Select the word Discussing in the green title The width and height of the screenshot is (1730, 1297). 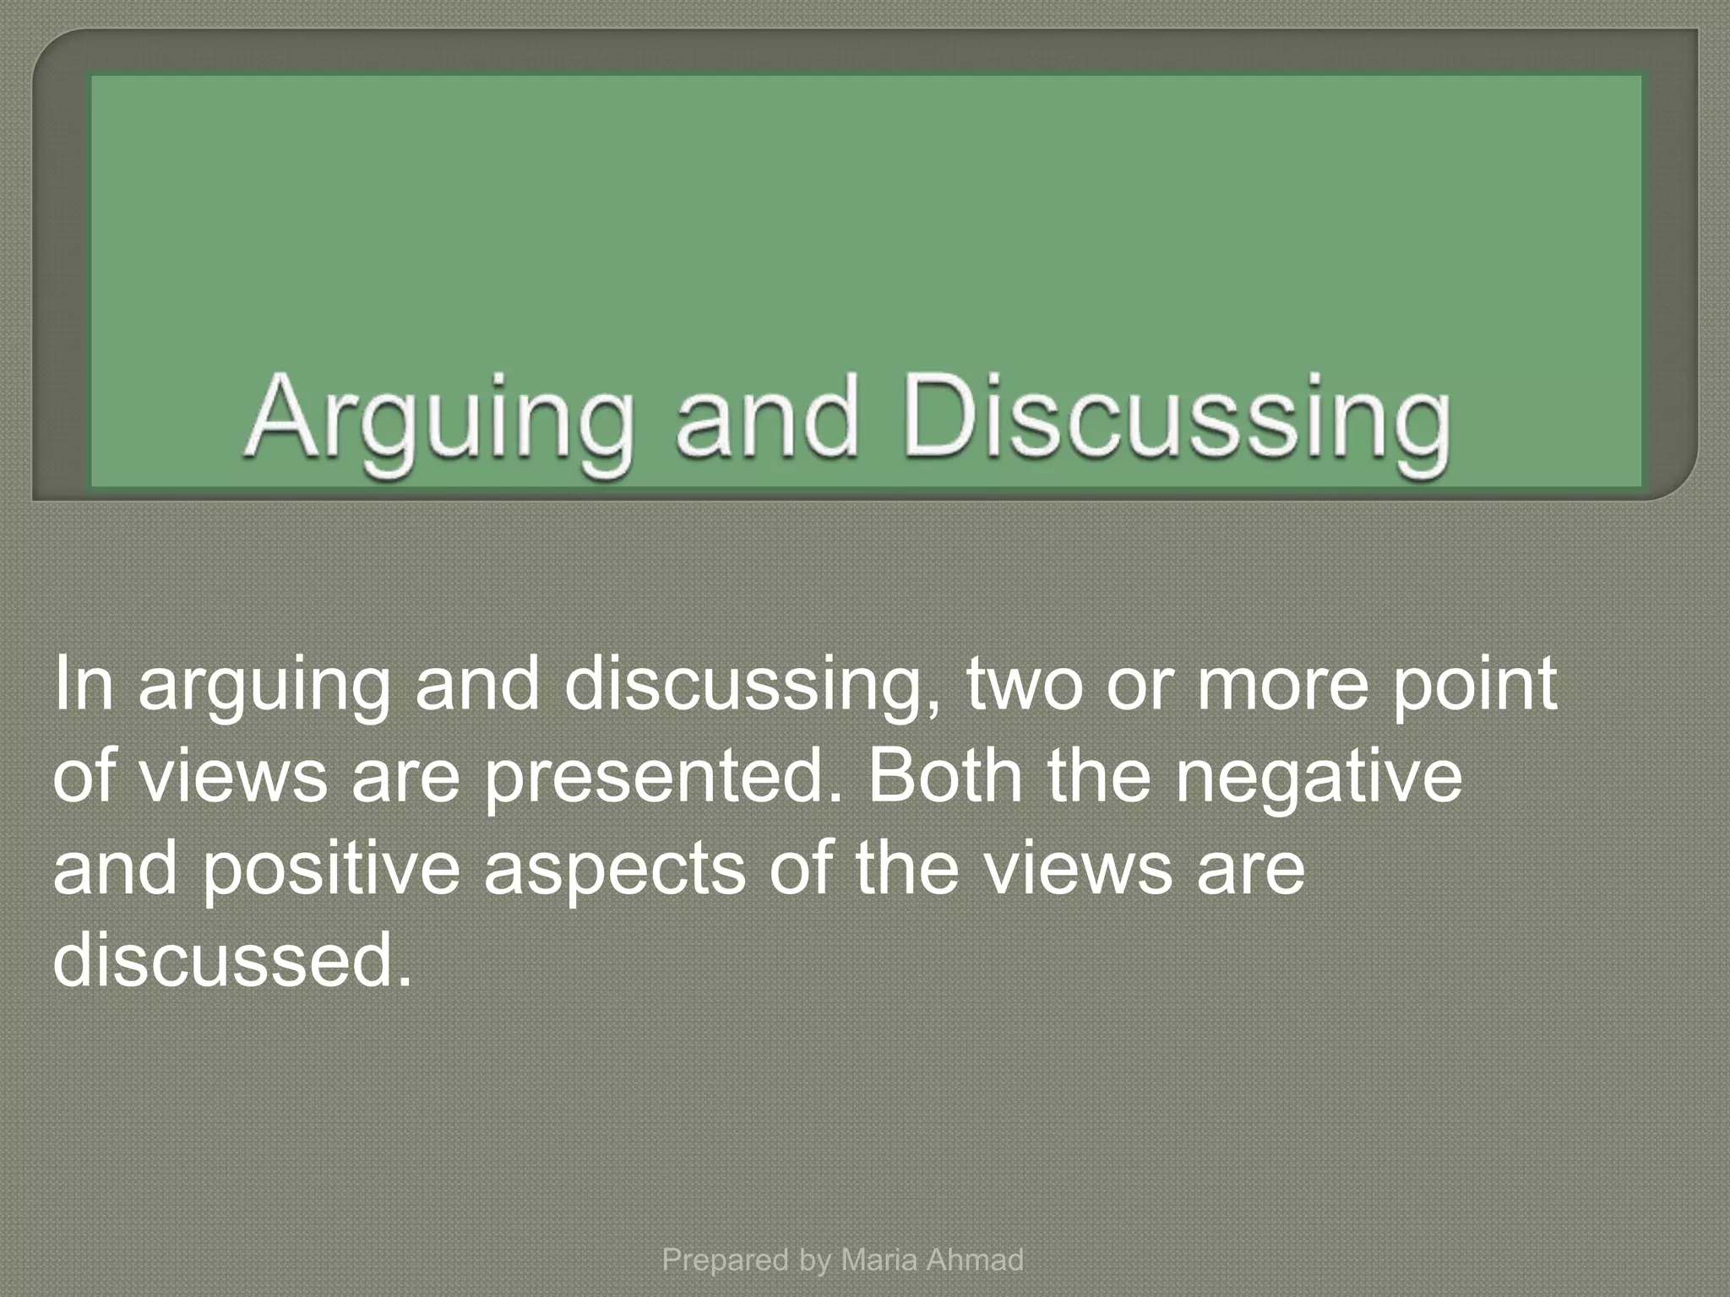point(1177,420)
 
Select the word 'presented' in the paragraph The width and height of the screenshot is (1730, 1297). point(663,777)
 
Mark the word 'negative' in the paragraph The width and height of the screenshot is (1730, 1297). point(1318,777)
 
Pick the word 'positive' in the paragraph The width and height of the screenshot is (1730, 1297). point(330,869)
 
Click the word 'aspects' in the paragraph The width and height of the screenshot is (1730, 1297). point(615,871)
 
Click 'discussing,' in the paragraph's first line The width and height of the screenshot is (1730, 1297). point(751,686)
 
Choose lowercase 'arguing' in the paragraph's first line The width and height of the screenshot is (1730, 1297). point(264,686)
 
